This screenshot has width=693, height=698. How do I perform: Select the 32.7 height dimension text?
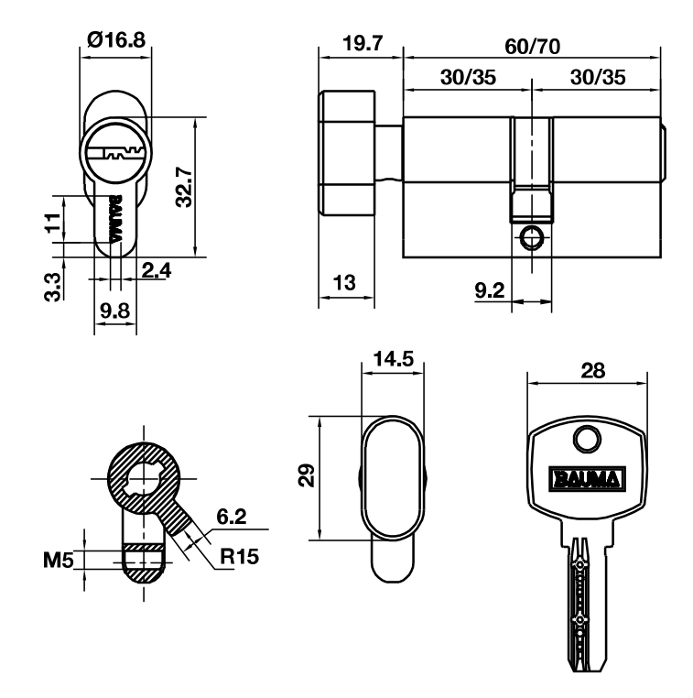pyautogui.click(x=184, y=188)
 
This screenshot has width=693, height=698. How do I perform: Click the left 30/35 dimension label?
pyautogui.click(x=468, y=78)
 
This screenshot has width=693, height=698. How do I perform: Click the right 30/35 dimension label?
pyautogui.click(x=597, y=78)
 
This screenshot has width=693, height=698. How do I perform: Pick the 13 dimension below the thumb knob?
pyautogui.click(x=346, y=282)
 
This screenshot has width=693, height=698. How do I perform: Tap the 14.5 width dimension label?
pyautogui.click(x=393, y=358)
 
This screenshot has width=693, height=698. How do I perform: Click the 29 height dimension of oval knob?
pyautogui.click(x=308, y=474)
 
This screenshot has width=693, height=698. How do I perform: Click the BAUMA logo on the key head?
pyautogui.click(x=585, y=478)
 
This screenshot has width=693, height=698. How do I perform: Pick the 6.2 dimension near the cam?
pyautogui.click(x=231, y=518)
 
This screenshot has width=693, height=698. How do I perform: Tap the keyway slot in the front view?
pyautogui.click(x=115, y=153)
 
